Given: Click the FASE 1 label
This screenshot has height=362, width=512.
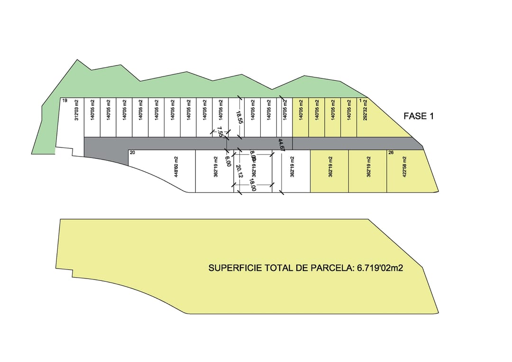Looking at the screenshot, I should (418, 116).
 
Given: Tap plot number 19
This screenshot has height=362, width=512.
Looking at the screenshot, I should (64, 101).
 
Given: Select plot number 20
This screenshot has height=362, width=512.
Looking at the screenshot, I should (132, 152).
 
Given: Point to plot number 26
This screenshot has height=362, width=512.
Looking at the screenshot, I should (391, 152).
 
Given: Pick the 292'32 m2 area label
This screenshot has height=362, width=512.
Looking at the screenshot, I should (365, 110).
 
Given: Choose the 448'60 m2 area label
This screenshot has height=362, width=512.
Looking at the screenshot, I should (176, 167).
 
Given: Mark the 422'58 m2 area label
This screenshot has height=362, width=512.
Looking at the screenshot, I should (405, 167).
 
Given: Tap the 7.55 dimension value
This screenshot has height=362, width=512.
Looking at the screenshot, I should (220, 132).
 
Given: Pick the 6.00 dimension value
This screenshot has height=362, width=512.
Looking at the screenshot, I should (228, 161).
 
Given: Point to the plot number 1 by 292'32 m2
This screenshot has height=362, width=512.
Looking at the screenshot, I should (360, 101).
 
